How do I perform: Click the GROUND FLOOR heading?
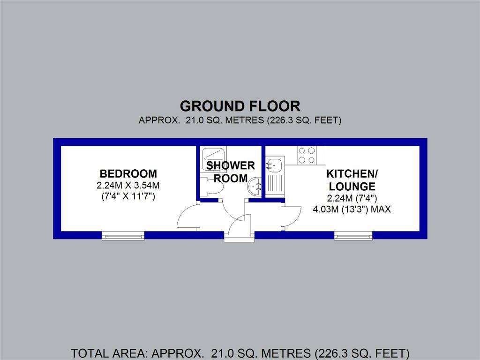point(240,106)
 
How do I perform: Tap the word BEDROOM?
point(128,173)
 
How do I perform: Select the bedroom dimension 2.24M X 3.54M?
point(128,185)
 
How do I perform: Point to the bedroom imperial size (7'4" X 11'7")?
point(128,196)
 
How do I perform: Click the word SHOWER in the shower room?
point(231,165)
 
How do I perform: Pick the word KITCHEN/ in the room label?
point(352,173)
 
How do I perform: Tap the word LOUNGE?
point(352,187)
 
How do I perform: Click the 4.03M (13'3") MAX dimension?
point(352,210)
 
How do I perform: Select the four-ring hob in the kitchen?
point(307,155)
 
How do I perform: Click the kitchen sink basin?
point(275,165)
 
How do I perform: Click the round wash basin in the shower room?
point(254,185)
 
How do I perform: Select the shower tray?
point(213,159)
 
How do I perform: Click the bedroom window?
point(123,236)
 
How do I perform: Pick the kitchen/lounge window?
point(353,236)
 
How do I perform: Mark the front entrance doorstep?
point(240,237)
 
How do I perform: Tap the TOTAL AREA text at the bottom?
point(240,353)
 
